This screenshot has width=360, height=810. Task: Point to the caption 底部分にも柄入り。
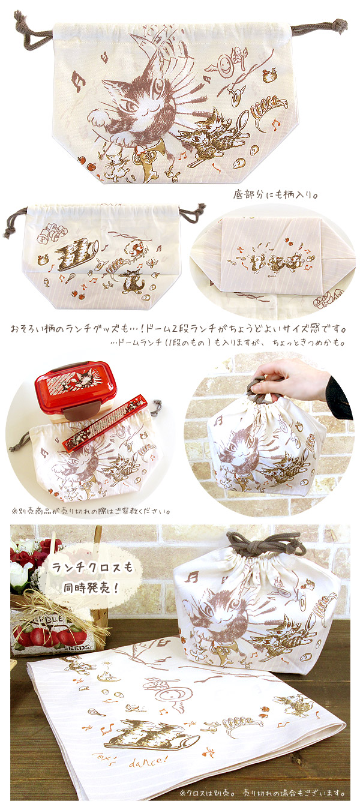pyautogui.click(x=275, y=195)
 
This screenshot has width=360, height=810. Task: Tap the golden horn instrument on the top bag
pyautogui.click(x=146, y=161)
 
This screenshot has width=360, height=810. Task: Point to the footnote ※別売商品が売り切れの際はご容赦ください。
pyautogui.click(x=91, y=511)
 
